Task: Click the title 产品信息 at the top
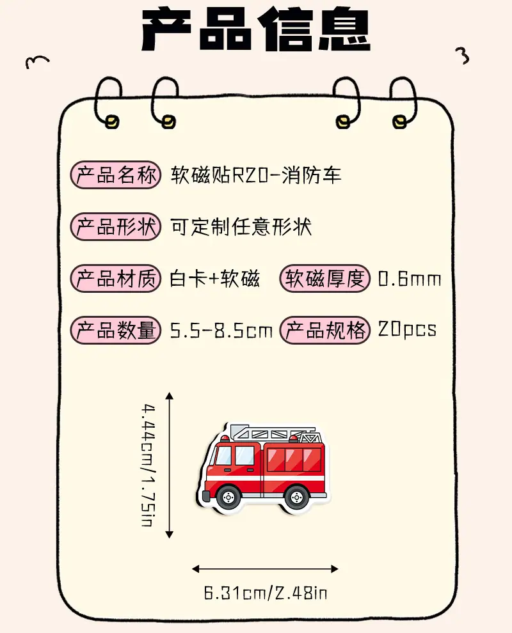(255, 29)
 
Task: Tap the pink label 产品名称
(116, 175)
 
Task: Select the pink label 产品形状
(116, 226)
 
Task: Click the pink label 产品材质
(116, 278)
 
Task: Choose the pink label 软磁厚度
(325, 278)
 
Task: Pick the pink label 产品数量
(116, 330)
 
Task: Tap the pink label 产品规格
(325, 330)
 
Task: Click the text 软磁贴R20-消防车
(256, 175)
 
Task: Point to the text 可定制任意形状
(241, 226)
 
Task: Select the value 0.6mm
(410, 279)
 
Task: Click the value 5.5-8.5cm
(221, 331)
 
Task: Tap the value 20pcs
(407, 329)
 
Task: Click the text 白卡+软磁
(214, 279)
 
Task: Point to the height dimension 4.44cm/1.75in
(148, 465)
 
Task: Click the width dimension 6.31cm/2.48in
(266, 593)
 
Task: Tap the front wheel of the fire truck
(228, 497)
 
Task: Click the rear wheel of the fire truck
(297, 497)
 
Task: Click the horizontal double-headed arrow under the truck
(265, 569)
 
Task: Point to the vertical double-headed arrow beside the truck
(170, 465)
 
